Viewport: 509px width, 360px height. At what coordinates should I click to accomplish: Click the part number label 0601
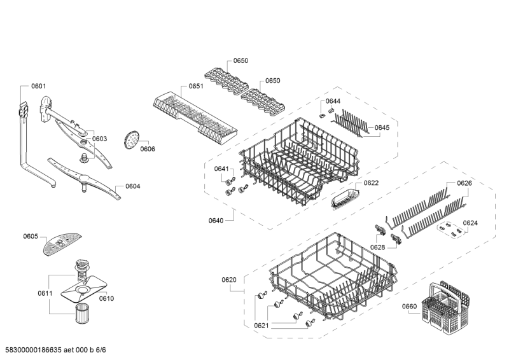click(38, 86)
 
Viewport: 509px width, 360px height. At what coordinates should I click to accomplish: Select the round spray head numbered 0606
click(131, 139)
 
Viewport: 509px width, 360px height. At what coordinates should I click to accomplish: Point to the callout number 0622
click(371, 183)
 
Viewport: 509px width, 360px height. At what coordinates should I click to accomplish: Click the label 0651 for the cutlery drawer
click(196, 86)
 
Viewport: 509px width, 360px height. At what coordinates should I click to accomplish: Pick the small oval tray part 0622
click(345, 198)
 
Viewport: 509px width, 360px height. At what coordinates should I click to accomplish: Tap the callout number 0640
click(216, 221)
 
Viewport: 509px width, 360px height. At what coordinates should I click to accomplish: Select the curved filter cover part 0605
click(62, 244)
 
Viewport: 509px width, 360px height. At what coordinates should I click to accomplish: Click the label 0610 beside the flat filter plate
click(106, 299)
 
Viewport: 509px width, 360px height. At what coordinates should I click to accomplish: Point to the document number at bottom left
click(55, 350)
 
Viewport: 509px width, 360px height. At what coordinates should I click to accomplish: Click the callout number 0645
click(382, 128)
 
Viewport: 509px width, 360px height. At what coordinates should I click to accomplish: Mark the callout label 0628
click(377, 247)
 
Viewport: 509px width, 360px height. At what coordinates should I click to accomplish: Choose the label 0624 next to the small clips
click(470, 223)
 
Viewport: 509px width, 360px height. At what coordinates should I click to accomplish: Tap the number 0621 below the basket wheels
click(261, 325)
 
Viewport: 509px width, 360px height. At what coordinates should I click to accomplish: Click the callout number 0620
click(229, 280)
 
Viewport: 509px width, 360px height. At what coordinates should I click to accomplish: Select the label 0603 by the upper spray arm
click(99, 139)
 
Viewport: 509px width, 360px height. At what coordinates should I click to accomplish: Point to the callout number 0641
click(221, 169)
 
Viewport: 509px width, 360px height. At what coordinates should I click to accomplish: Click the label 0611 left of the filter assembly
click(45, 293)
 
